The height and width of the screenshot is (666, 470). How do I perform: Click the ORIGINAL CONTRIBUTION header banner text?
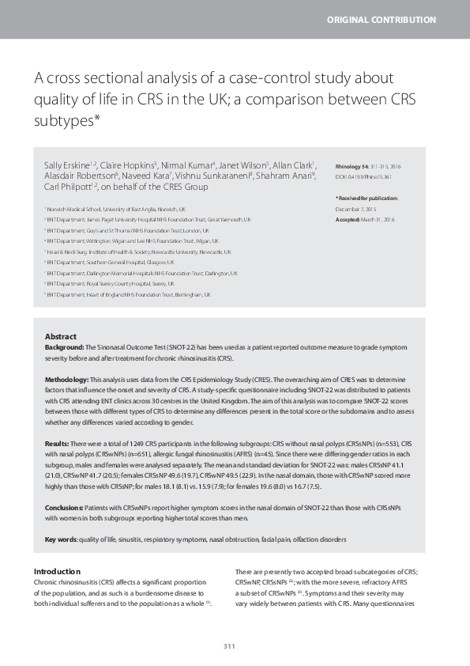coord(393,19)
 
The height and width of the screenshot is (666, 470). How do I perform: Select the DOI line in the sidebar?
coord(364,176)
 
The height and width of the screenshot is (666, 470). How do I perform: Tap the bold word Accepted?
coord(349,218)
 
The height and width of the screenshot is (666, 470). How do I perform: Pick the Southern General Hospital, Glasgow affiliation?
coord(111,262)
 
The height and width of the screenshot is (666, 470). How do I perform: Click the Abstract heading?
coord(61,336)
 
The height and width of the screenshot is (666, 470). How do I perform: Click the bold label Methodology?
coord(67,380)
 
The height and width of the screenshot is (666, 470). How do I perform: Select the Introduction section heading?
coord(57,571)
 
